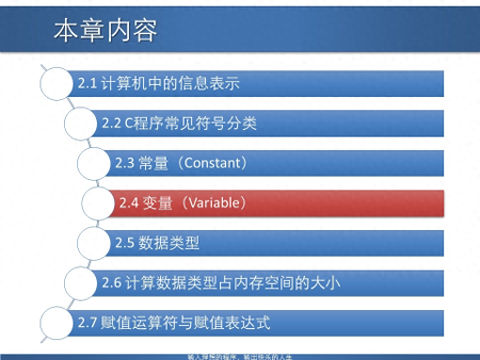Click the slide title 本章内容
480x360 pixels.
click(105, 31)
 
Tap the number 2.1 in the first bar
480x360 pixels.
click(87, 84)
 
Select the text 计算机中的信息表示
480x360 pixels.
click(170, 84)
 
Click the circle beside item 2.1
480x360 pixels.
click(56, 83)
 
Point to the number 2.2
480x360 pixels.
click(111, 123)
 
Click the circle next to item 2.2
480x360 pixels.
click(80, 123)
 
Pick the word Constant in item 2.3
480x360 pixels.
click(212, 163)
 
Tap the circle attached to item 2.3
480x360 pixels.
click(94, 163)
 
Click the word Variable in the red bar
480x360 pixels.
click(214, 203)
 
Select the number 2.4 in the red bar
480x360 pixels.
click(128, 203)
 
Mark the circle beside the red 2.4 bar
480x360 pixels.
click(98, 203)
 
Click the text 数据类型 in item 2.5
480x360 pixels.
click(169, 243)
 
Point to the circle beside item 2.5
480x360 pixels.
click(94, 243)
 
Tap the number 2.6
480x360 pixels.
click(111, 283)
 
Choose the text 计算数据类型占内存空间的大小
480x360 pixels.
click(233, 283)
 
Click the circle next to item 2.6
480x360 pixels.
click(80, 283)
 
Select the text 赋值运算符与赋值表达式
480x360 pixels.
click(185, 323)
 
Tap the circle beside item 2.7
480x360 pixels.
click(56, 323)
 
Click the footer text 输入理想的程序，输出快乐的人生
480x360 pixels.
click(239, 357)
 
